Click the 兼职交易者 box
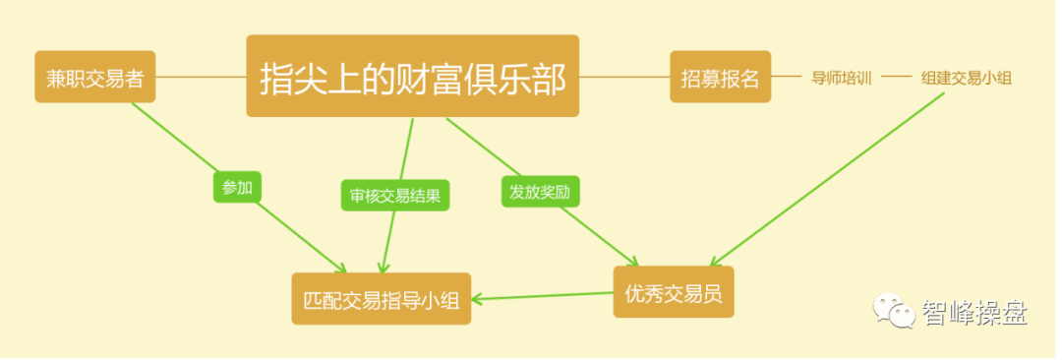point(95,77)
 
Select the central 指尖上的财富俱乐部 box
point(412,77)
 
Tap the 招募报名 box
point(720,77)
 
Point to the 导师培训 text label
point(842,78)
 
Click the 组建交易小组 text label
point(966,78)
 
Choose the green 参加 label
point(237,187)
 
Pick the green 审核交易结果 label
point(395,195)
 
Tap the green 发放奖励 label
point(539,191)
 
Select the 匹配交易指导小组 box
point(382,298)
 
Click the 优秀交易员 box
point(674,292)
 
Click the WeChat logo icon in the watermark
point(893,313)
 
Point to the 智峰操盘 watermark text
point(973,314)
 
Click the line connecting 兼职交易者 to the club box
point(201,77)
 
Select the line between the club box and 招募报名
point(624,77)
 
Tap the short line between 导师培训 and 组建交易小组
point(897,77)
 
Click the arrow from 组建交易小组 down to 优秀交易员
point(826,188)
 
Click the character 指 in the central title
point(278,78)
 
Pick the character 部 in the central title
point(548,78)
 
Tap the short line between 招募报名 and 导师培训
point(787,77)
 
